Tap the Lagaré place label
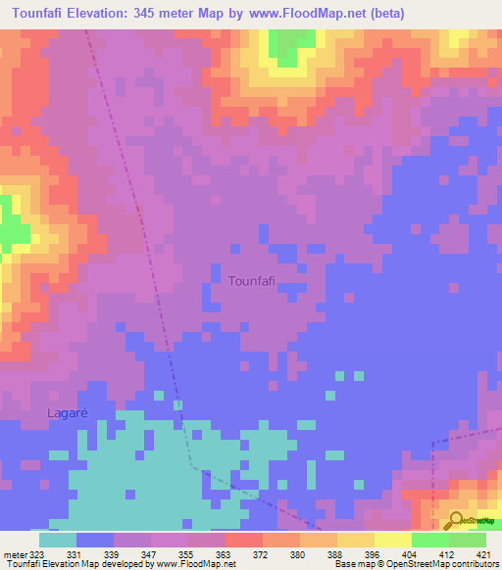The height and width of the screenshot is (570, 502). point(68,413)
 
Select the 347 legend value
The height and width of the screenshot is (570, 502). point(151,553)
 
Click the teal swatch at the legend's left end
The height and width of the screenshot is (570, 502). point(57,540)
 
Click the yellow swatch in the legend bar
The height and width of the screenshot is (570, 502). point(392,540)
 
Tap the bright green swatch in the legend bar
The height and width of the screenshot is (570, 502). point(429,540)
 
